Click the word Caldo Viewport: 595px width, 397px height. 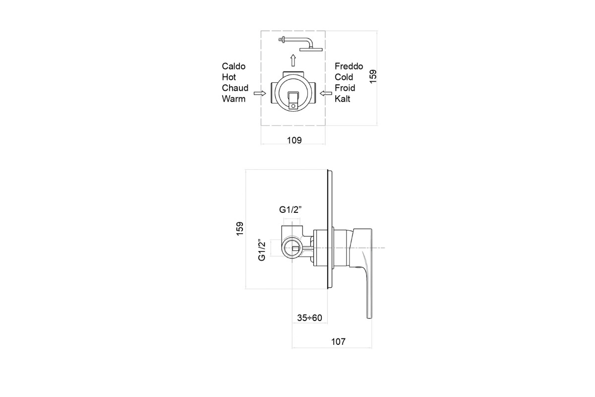point(234,66)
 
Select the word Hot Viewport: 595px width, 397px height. point(229,77)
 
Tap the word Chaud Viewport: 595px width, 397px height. point(235,88)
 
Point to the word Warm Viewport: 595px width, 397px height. point(234,99)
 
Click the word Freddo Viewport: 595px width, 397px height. point(349,66)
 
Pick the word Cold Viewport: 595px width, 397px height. point(344,77)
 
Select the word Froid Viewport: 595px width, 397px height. point(345,88)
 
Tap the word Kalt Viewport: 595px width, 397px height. point(343,99)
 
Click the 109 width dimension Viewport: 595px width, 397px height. point(295,140)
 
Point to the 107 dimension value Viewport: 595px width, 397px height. point(338,342)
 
